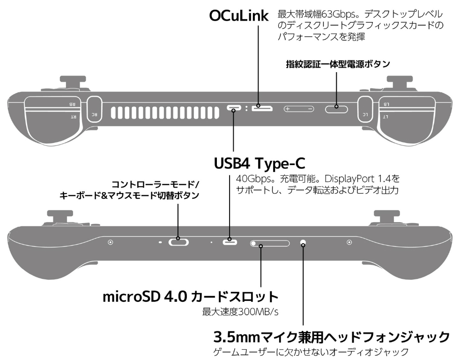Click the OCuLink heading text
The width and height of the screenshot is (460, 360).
(238, 16)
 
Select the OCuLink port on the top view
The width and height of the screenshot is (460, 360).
(262, 108)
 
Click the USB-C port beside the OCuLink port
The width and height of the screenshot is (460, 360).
(234, 108)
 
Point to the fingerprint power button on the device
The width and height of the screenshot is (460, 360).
(336, 109)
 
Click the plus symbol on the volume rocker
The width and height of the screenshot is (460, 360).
(288, 109)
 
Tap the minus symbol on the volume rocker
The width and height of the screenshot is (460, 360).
(310, 109)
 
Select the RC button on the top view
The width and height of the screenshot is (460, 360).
(95, 109)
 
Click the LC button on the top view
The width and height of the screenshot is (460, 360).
(365, 109)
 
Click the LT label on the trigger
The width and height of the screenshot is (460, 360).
(386, 117)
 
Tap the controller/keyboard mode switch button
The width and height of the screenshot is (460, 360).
(178, 242)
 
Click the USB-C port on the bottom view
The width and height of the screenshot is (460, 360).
(230, 242)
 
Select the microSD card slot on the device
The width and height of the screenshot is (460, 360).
(270, 243)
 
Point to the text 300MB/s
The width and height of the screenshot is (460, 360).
(258, 312)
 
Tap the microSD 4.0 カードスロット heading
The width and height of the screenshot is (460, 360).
(190, 297)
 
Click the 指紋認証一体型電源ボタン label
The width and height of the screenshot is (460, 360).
(338, 64)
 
